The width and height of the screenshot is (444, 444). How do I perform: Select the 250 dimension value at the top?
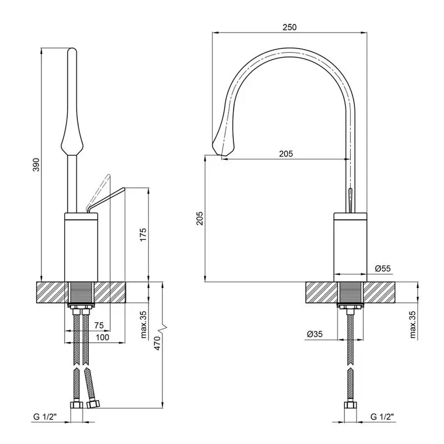pos(290,27)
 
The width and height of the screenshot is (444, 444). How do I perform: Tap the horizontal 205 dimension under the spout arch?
pos(286,153)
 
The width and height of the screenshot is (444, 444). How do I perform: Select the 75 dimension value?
pos(99,325)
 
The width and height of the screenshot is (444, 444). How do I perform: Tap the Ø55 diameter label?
pos(382,268)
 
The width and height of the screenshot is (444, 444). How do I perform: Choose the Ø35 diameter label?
pos(314,334)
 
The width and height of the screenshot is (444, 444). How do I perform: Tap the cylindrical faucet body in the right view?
pos(350,244)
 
